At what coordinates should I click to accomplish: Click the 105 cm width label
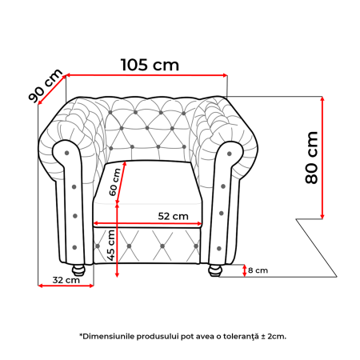click(x=150, y=65)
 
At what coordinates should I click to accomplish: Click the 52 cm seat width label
click(x=172, y=216)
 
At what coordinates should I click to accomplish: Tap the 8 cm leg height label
click(x=257, y=270)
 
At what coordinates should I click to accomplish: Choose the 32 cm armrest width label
click(x=66, y=280)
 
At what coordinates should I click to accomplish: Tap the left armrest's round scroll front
click(x=67, y=150)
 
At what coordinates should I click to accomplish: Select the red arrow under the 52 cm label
click(x=148, y=224)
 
